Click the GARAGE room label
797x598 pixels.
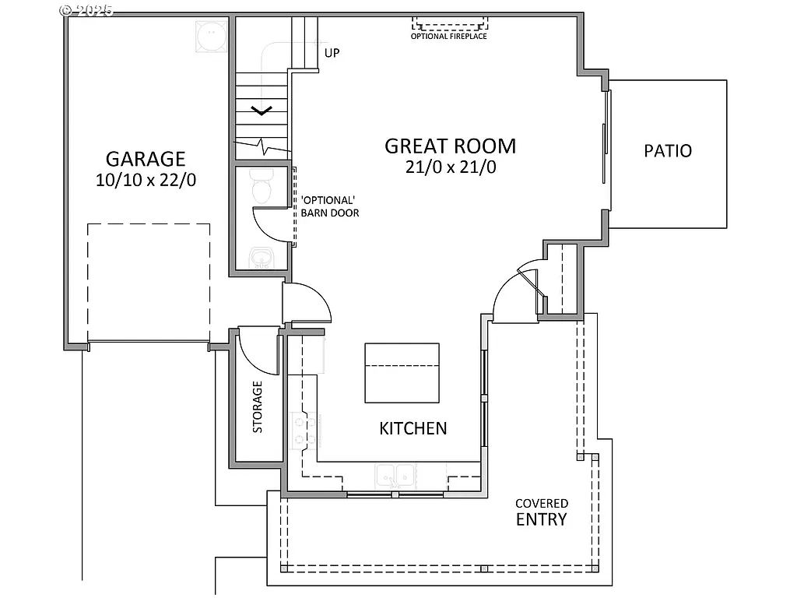pyautogui.click(x=146, y=159)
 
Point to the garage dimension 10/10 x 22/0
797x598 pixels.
pyautogui.click(x=146, y=180)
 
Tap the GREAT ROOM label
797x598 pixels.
pyautogui.click(x=450, y=146)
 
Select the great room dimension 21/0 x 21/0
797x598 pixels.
pyautogui.click(x=450, y=167)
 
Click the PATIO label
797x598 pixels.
pyautogui.click(x=668, y=151)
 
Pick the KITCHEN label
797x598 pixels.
pyautogui.click(x=413, y=428)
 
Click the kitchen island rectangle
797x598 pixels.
pyautogui.click(x=402, y=373)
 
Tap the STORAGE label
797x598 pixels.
pyautogui.click(x=257, y=406)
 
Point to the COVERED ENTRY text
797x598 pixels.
pyautogui.click(x=542, y=512)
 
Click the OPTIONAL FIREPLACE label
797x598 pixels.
pyautogui.click(x=449, y=36)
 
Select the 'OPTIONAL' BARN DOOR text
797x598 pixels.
pyautogui.click(x=329, y=206)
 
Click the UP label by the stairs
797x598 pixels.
pyautogui.click(x=332, y=53)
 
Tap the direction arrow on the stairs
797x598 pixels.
pyautogui.click(x=261, y=110)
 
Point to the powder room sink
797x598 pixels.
pyautogui.click(x=260, y=259)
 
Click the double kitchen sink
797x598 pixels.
pyautogui.click(x=395, y=474)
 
